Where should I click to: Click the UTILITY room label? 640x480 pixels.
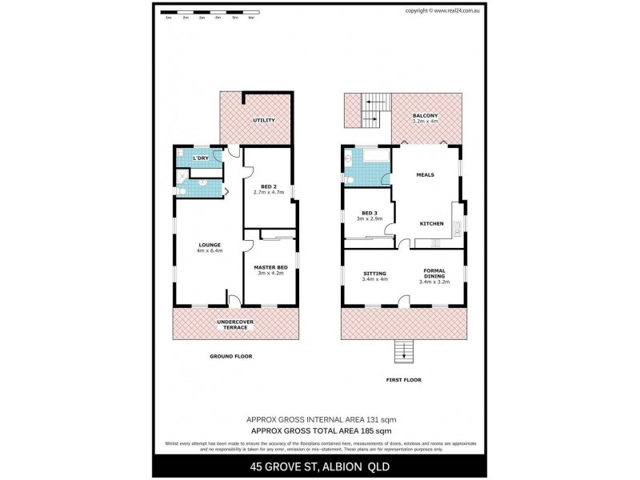click(x=264, y=121)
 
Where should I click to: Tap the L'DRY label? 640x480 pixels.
click(x=201, y=158)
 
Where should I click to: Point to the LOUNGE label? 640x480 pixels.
click(x=210, y=245)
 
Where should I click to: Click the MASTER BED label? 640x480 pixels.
click(x=270, y=267)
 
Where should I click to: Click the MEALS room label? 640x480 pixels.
click(x=426, y=174)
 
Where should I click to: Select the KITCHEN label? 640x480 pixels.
click(x=432, y=223)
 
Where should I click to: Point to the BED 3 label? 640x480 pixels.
click(x=369, y=213)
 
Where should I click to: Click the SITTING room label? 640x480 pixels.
click(x=374, y=273)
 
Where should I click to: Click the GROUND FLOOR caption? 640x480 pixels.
click(x=230, y=355)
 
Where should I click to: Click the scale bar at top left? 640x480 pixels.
click(x=207, y=14)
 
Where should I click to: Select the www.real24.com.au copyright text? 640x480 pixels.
click(x=442, y=10)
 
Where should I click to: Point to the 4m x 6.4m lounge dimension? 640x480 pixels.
click(x=210, y=251)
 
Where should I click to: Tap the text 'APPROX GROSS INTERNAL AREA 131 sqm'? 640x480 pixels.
click(x=320, y=419)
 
